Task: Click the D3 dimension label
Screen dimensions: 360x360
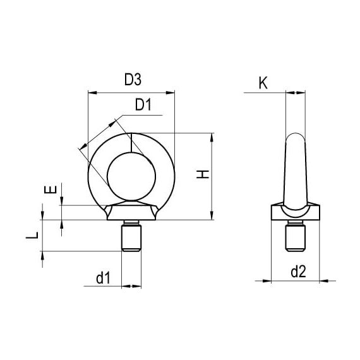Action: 131,80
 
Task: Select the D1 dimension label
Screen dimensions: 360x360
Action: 143,105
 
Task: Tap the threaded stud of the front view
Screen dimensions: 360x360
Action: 131,237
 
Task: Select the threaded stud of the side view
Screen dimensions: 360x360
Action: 295,236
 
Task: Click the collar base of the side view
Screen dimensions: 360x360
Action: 295,213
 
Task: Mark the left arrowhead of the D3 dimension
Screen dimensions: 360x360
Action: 90,93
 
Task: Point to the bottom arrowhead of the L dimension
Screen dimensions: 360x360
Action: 42,255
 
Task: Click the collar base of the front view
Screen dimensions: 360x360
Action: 131,212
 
